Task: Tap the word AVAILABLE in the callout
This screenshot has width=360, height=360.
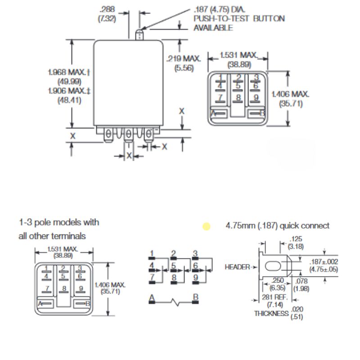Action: coord(213,28)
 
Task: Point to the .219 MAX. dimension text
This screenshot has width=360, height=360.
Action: coord(184,59)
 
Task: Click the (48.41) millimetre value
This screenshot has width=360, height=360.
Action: coord(69,100)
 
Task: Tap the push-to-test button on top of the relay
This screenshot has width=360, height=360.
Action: coord(139,34)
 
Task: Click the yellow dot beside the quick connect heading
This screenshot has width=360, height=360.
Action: coord(207,226)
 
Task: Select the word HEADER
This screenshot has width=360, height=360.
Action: coord(237,267)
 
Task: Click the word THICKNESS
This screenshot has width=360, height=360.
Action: coord(271,313)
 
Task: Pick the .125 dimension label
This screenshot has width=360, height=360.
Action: coord(296,239)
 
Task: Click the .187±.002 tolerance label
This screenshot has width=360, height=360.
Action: coord(324,262)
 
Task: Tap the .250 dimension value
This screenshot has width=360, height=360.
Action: coord(277,281)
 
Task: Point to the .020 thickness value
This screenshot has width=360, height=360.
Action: coord(297,309)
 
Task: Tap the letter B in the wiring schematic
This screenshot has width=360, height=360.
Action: coord(195,297)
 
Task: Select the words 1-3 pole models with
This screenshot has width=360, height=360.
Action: coord(59,223)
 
